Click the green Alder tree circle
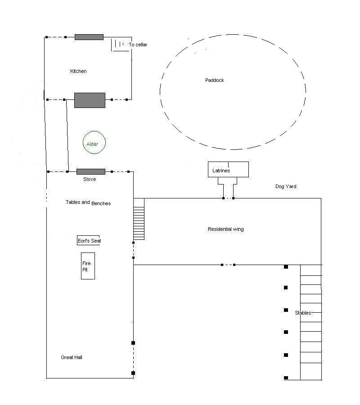point(94,143)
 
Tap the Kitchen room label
point(78,71)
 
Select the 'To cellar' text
point(138,45)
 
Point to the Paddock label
point(214,80)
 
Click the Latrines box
point(228,169)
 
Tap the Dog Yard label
point(286,186)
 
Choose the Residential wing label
point(225,229)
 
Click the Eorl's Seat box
point(89,241)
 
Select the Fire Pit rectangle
point(88,266)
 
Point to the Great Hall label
point(72,357)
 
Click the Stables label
point(303,313)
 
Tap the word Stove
point(90,179)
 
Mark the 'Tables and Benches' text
point(88,203)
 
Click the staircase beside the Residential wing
point(139,219)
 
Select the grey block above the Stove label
point(90,171)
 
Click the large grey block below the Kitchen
point(90,100)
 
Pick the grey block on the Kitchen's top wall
point(89,37)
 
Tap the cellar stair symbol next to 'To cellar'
point(118,45)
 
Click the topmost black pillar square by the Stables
point(286,267)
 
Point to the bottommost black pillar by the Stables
point(286,378)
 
